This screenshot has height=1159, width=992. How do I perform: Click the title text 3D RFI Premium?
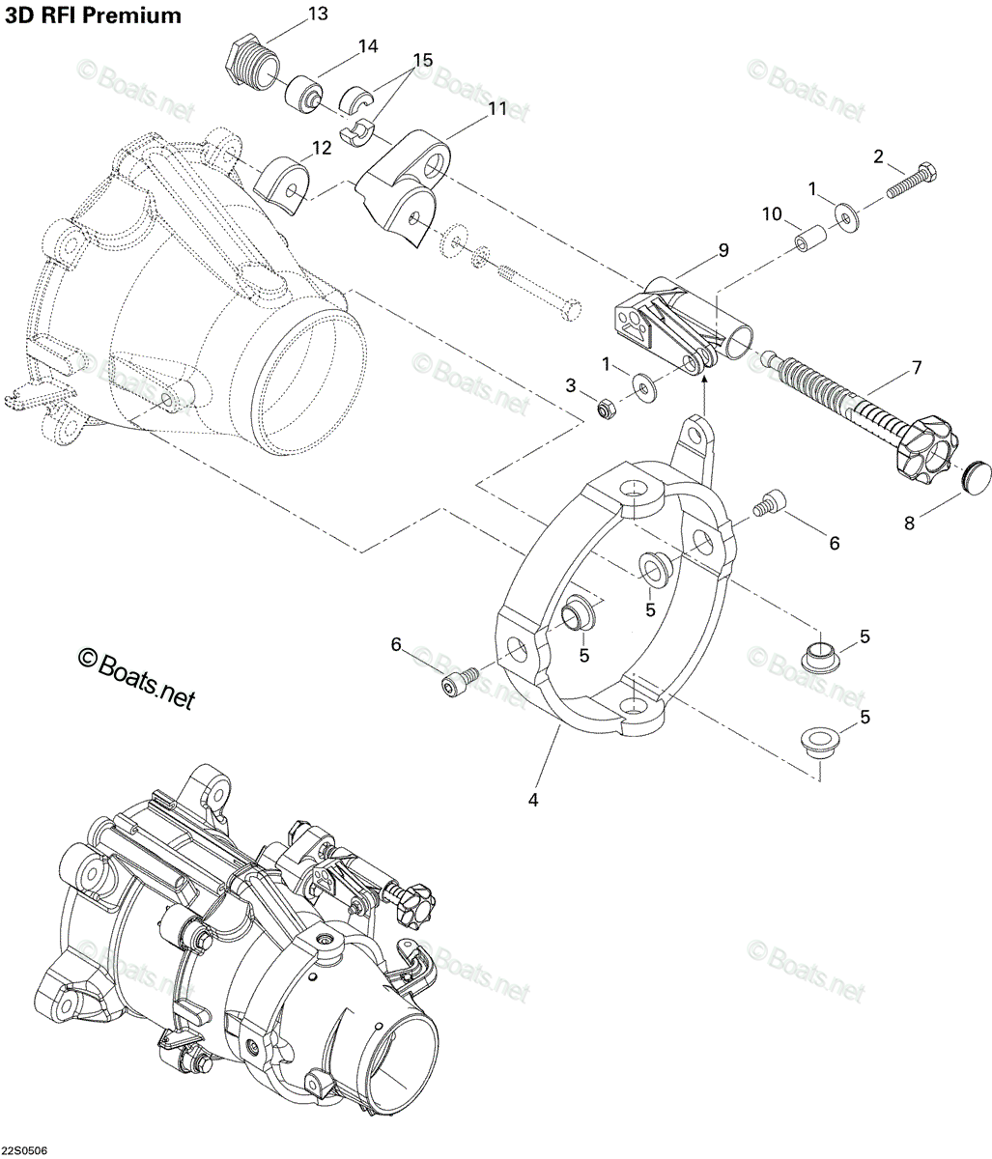coord(93,15)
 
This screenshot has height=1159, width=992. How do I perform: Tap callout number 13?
coord(318,14)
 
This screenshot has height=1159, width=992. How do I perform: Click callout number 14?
coord(367,46)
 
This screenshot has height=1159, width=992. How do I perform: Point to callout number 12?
coord(322,148)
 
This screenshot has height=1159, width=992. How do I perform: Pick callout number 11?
coord(496,108)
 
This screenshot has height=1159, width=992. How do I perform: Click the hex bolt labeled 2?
coord(912,180)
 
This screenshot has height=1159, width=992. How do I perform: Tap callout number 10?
coord(772,213)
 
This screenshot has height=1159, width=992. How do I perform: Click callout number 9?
coord(723,250)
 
